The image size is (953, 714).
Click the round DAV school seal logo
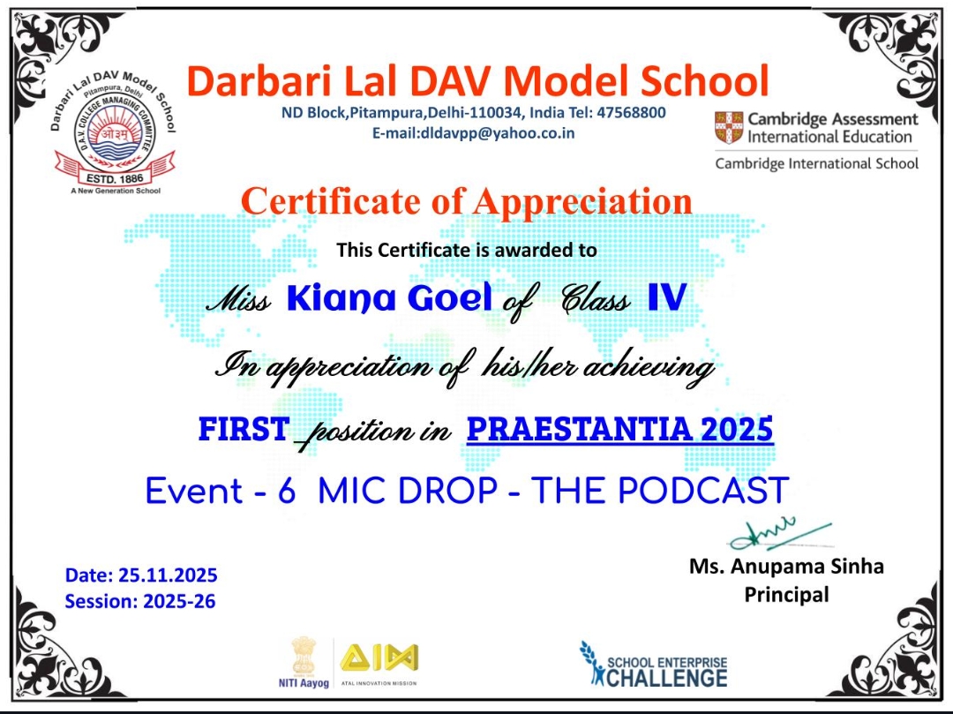[114, 132]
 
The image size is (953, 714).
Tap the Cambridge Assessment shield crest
[729, 128]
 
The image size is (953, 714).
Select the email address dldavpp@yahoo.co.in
[497, 133]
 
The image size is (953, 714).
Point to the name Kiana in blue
[341, 297]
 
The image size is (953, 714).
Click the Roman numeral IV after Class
[667, 297]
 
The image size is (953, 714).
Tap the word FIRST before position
[244, 429]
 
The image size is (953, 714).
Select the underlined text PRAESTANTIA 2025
[620, 429]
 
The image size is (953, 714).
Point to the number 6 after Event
[286, 491]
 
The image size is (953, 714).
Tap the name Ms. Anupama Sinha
[786, 567]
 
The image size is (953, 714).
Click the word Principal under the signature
[786, 594]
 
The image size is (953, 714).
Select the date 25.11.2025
[168, 575]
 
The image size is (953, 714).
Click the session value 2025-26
[179, 601]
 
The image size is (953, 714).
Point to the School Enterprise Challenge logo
[653, 665]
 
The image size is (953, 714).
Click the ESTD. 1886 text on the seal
[115, 178]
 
